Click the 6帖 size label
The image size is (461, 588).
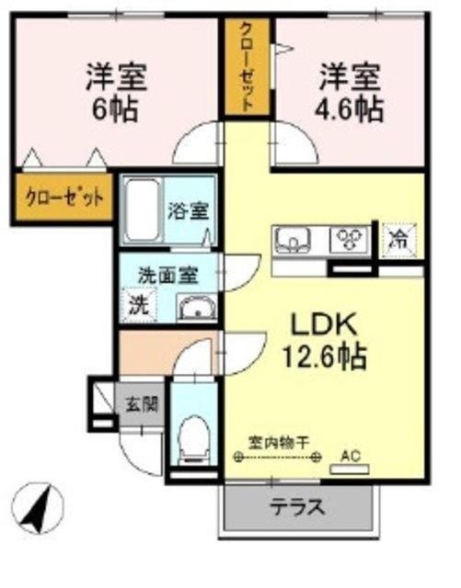(x=115, y=109)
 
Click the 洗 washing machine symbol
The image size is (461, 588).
(x=137, y=304)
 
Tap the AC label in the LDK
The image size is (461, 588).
(x=350, y=454)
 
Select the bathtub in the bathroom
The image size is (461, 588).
(x=142, y=210)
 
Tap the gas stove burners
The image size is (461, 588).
(x=349, y=240)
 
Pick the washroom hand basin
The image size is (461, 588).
(x=194, y=308)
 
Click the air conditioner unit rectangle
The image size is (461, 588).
(x=348, y=469)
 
